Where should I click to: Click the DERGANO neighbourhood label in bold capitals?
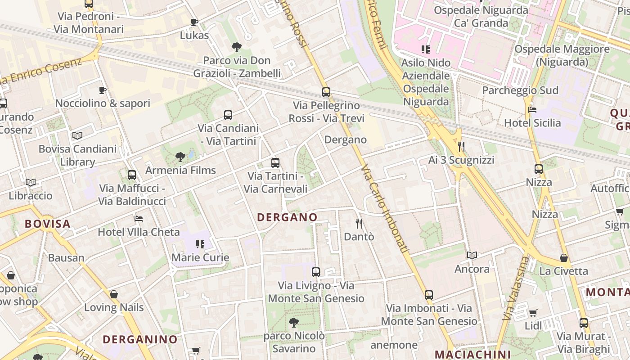[287, 217]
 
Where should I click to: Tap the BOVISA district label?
[48, 224]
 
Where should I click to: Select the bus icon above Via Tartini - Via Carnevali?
[275, 163]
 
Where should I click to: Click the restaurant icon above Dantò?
[359, 223]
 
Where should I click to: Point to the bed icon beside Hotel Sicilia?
[532, 110]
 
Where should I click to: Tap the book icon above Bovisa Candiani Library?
[77, 135]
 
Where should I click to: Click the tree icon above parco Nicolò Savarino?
[294, 322]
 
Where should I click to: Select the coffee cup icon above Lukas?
[194, 22]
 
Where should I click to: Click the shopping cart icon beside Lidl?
[533, 313]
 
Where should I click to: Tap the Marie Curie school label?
[201, 258]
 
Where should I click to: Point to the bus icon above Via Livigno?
[316, 272]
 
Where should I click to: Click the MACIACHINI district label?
[472, 354]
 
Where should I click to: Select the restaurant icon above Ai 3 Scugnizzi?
[461, 146]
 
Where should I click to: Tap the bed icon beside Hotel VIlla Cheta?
[139, 219]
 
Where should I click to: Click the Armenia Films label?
[180, 171]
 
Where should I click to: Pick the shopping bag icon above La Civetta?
[563, 258]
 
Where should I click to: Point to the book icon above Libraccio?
[31, 182]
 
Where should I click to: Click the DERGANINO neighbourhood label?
[140, 339]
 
